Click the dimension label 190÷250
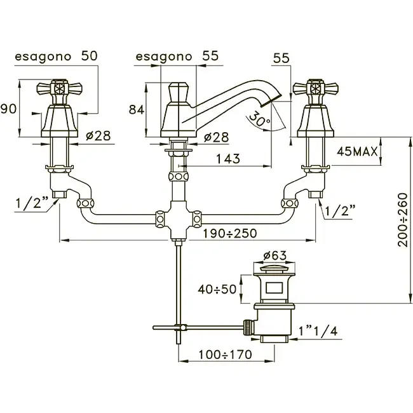(x=229, y=233)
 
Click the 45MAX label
(x=358, y=152)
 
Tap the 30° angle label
(x=259, y=118)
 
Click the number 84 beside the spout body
(x=137, y=110)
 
